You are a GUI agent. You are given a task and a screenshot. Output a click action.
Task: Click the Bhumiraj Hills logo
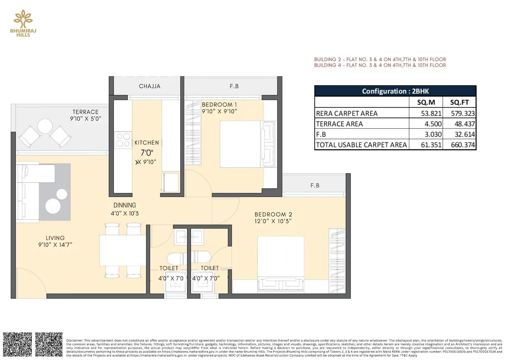tap(23, 23)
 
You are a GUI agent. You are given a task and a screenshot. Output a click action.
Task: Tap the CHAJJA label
tap(150, 86)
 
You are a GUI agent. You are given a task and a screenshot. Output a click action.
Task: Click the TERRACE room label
tap(86, 112)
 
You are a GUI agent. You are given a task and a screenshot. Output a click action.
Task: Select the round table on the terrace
tap(45, 126)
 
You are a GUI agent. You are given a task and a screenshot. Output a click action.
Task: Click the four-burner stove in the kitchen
tap(123, 140)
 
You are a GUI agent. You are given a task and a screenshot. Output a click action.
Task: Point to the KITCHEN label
tap(146, 143)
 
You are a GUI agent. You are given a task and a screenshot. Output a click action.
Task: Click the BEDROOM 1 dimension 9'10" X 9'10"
tap(220, 111)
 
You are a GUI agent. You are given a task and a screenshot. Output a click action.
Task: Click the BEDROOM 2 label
tap(273, 215)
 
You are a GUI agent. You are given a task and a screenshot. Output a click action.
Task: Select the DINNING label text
tap(125, 205)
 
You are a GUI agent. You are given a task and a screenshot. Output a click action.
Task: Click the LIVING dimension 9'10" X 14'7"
tap(55, 245)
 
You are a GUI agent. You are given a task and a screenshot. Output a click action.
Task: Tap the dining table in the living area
tap(123, 250)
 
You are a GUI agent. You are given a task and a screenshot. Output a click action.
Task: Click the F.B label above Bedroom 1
tap(234, 86)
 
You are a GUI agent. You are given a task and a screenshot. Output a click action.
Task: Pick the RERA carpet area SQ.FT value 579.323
tap(462, 113)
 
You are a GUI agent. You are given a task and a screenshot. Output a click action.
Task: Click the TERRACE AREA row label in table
tap(339, 124)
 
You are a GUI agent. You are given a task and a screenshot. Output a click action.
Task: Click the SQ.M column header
tap(426, 102)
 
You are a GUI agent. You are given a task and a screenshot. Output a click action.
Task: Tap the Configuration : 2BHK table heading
tap(395, 91)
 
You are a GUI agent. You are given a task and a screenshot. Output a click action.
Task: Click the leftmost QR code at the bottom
tap(17, 344)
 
